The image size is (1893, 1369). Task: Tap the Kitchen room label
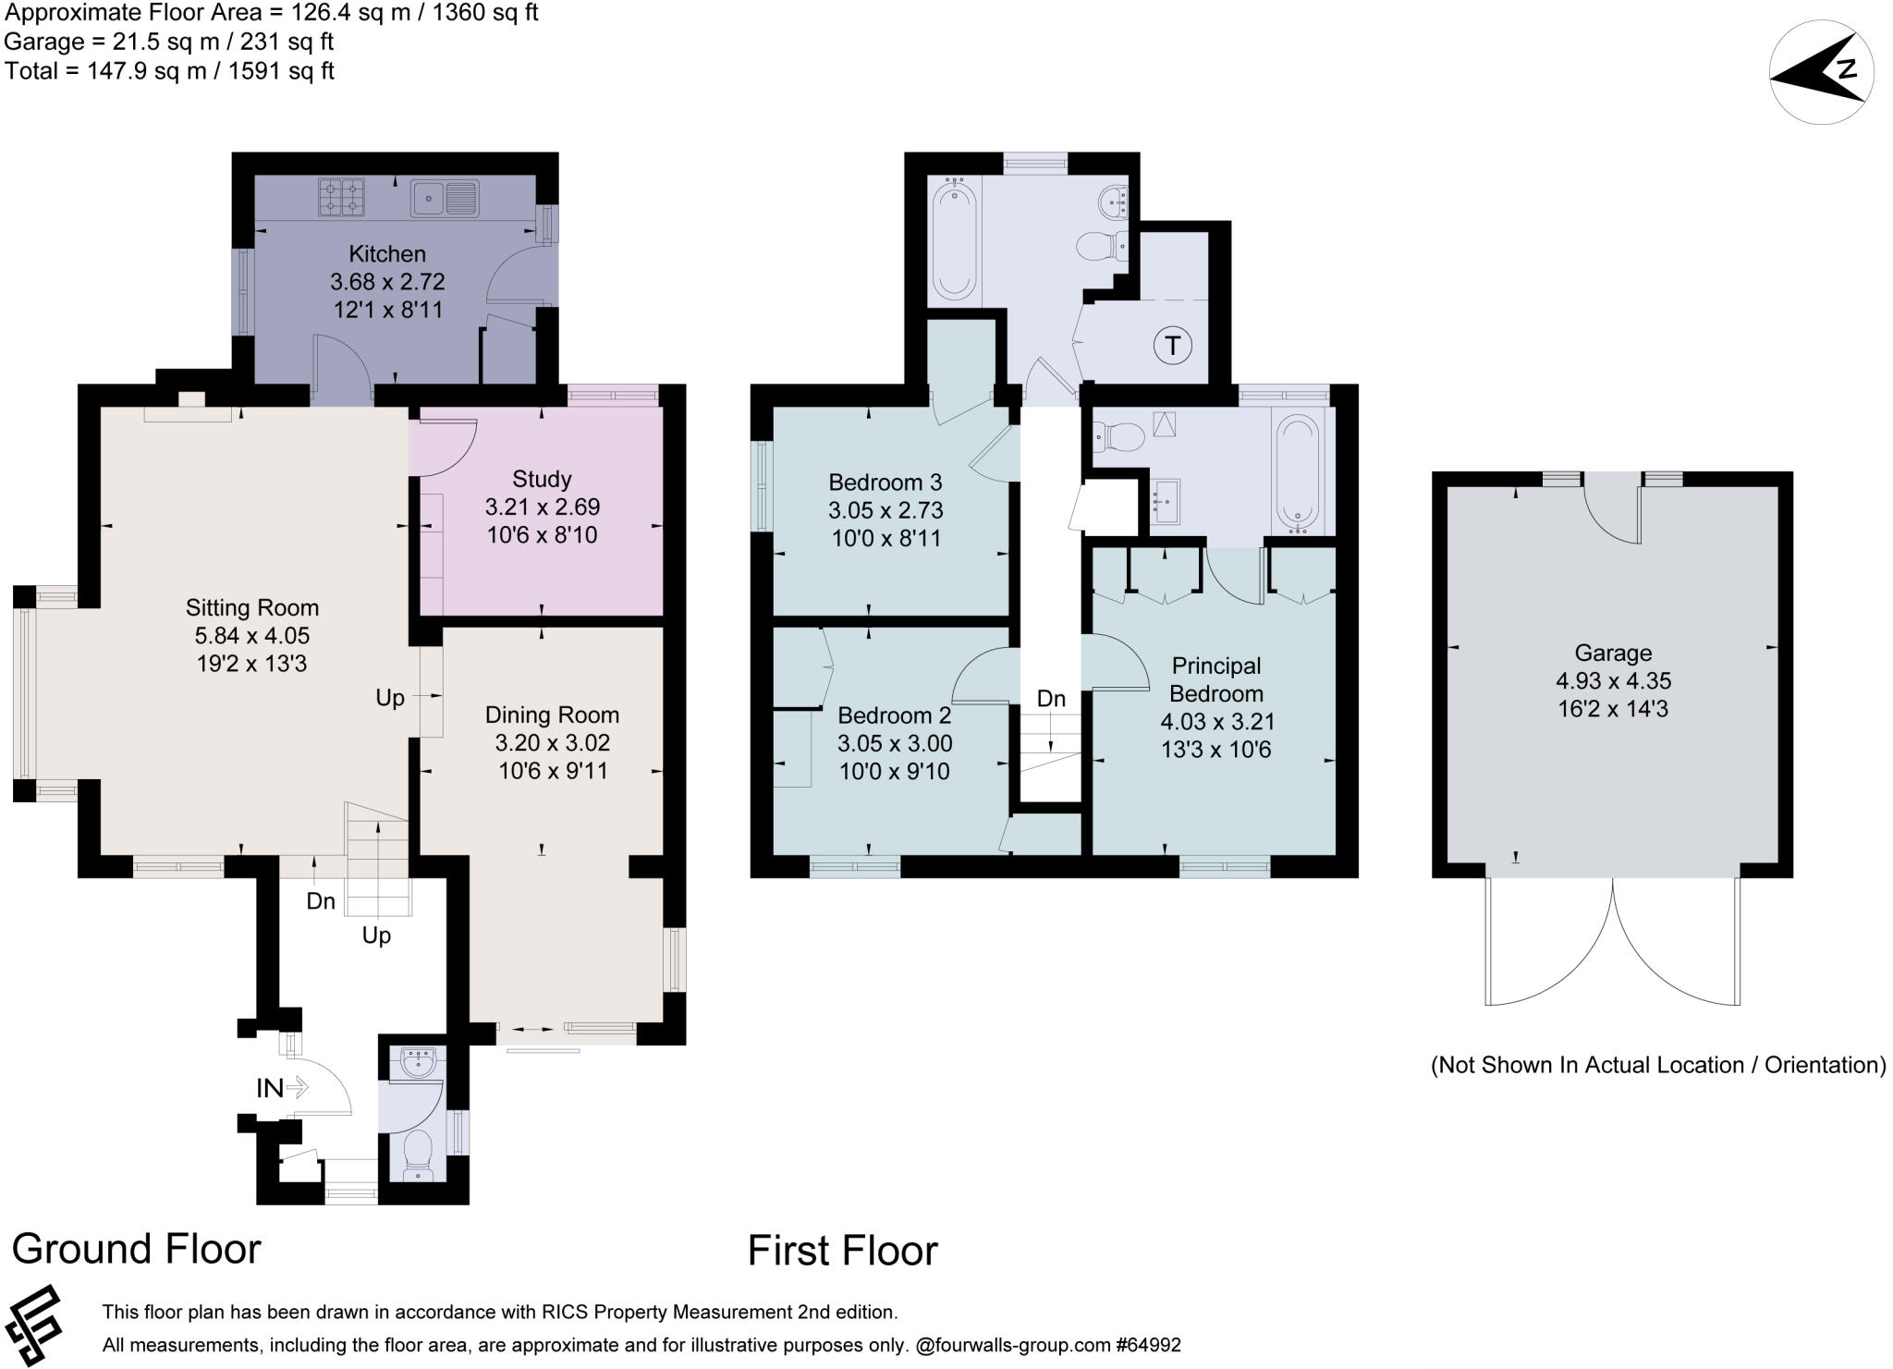pyautogui.click(x=387, y=254)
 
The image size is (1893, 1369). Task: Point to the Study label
pyautogui.click(x=542, y=479)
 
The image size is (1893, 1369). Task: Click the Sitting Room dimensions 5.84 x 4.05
pyautogui.click(x=251, y=636)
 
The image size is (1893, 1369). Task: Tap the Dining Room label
pyautogui.click(x=552, y=715)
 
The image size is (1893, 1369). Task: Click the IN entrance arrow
pyautogui.click(x=283, y=1088)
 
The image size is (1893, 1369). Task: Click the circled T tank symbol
pyautogui.click(x=1173, y=346)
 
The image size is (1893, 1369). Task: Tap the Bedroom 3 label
pyautogui.click(x=885, y=482)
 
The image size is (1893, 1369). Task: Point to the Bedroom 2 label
pyautogui.click(x=894, y=715)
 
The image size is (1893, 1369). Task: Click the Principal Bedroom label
pyautogui.click(x=1216, y=679)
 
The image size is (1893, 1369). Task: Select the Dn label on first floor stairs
pyautogui.click(x=1051, y=699)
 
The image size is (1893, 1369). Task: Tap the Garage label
pyautogui.click(x=1613, y=653)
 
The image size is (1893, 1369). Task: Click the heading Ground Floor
pyautogui.click(x=137, y=1249)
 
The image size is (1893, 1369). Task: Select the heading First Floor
pyautogui.click(x=842, y=1251)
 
